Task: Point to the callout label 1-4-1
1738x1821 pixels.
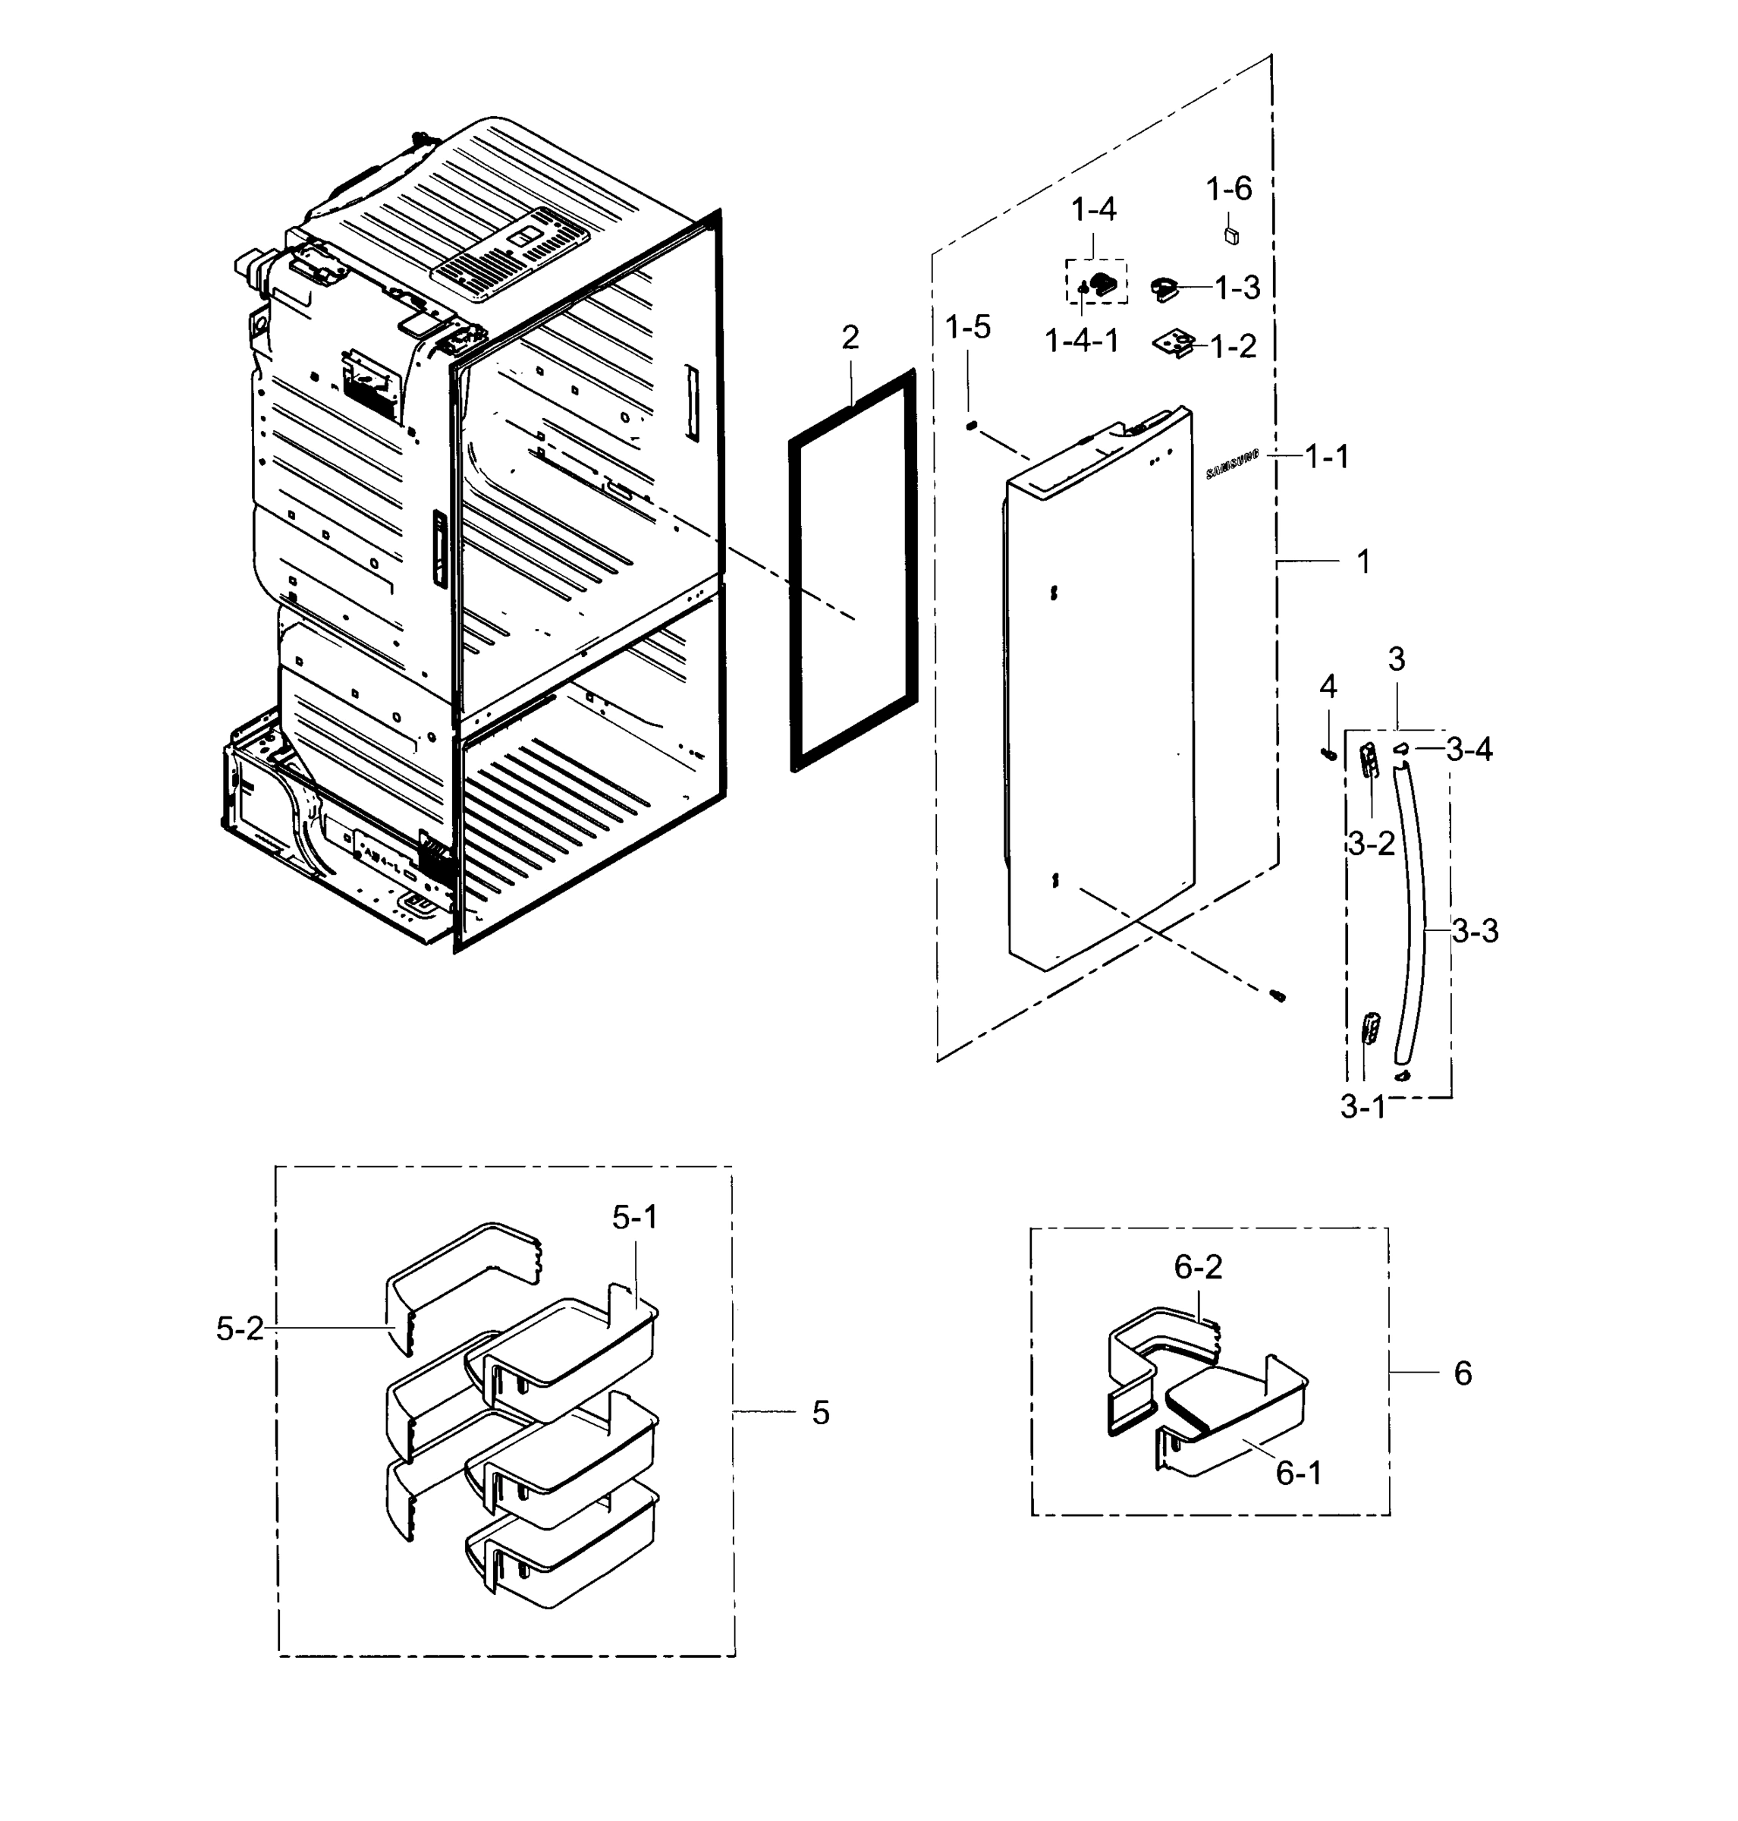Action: point(1081,341)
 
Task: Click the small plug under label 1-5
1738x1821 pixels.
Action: point(972,424)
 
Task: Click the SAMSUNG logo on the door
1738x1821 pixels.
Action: point(1233,465)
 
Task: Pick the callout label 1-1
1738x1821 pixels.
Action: point(1327,456)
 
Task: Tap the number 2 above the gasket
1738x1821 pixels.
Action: point(850,338)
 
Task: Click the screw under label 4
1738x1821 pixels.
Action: point(1328,753)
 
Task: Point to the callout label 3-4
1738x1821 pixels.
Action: point(1469,749)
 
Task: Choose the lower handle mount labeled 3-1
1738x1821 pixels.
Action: point(1369,1029)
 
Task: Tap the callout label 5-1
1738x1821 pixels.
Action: point(635,1218)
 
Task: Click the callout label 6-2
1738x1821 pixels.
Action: point(1198,1267)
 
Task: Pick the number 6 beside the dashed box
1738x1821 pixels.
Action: point(1462,1373)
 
